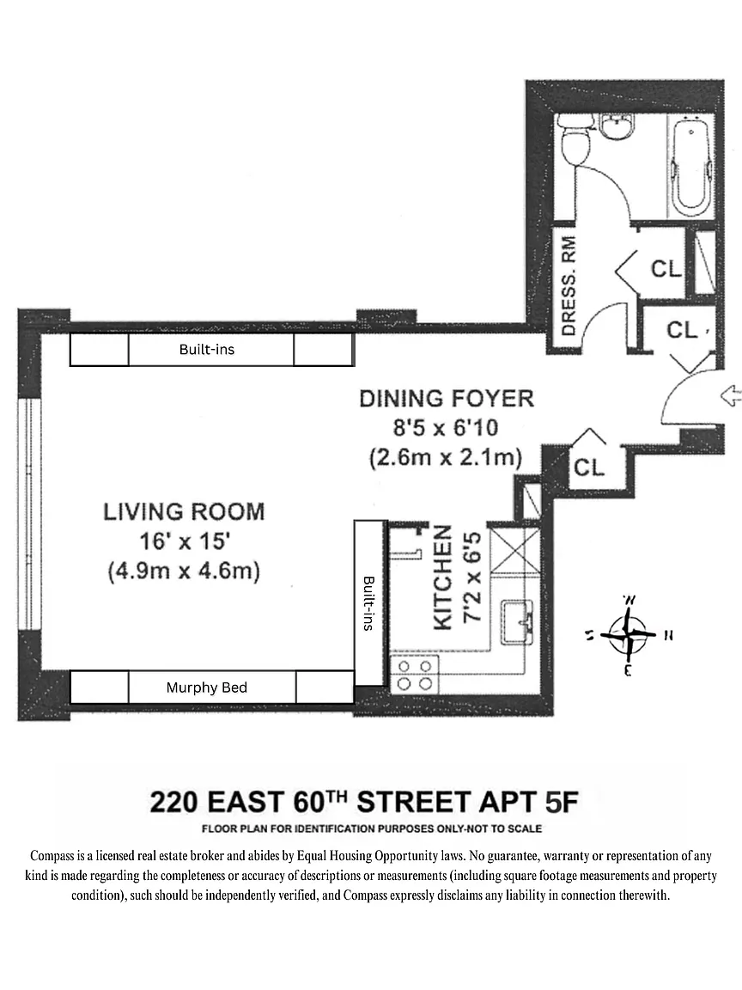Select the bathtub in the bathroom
click(690, 165)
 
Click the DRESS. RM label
click(569, 286)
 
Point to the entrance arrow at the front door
click(730, 396)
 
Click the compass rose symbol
click(628, 634)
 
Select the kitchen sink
click(517, 623)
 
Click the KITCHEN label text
click(443, 577)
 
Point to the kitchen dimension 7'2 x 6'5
click(472, 577)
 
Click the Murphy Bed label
click(207, 687)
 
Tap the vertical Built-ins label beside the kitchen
click(368, 602)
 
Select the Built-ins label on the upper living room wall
click(207, 349)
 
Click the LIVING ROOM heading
click(185, 511)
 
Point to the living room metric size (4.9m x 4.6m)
click(185, 571)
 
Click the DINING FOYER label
click(447, 399)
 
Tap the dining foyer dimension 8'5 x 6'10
click(446, 428)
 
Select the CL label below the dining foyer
click(588, 467)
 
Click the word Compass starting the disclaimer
click(52, 856)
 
